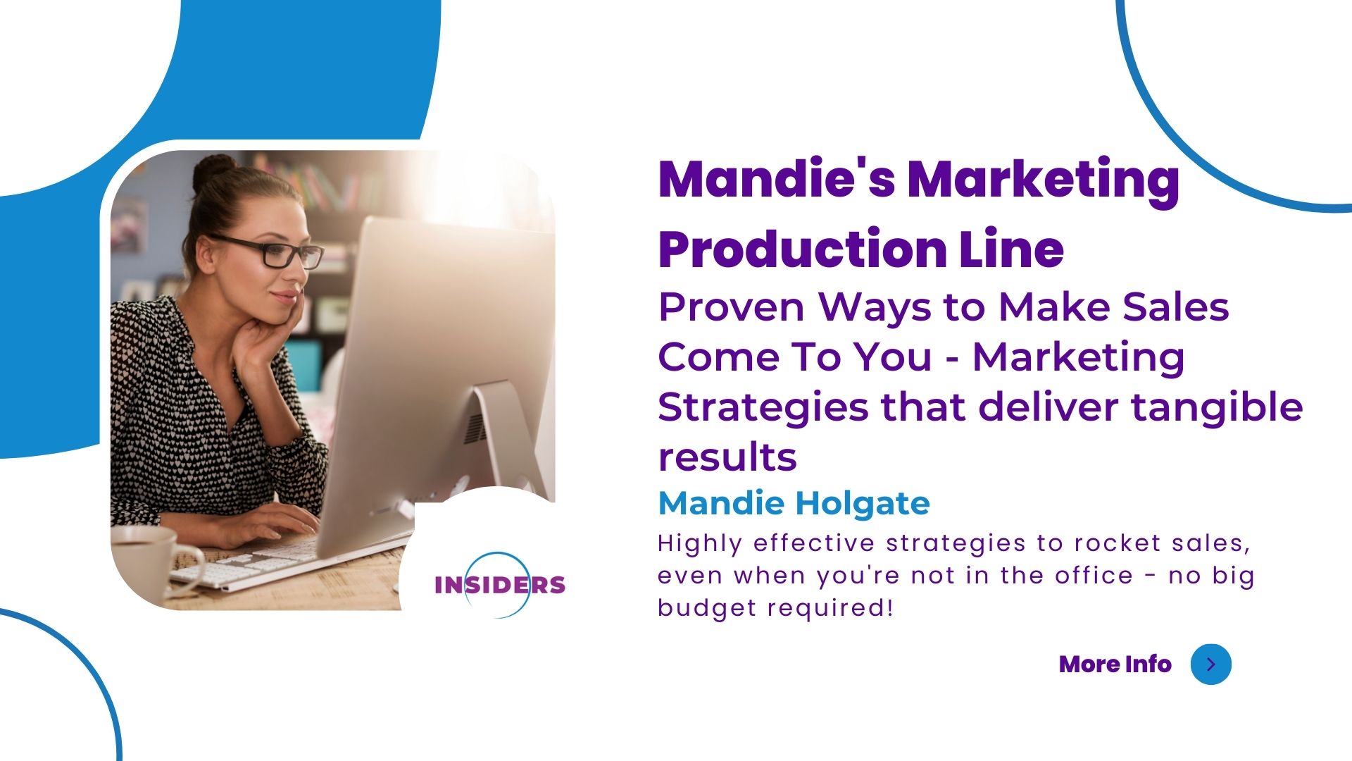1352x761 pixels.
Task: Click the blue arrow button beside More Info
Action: pos(1210,664)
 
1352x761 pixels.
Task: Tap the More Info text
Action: pos(1115,664)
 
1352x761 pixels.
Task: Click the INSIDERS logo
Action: pos(499,585)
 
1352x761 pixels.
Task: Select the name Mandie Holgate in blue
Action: pos(794,503)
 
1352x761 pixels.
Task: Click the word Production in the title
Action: pos(801,249)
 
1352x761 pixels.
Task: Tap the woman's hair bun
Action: pos(215,169)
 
